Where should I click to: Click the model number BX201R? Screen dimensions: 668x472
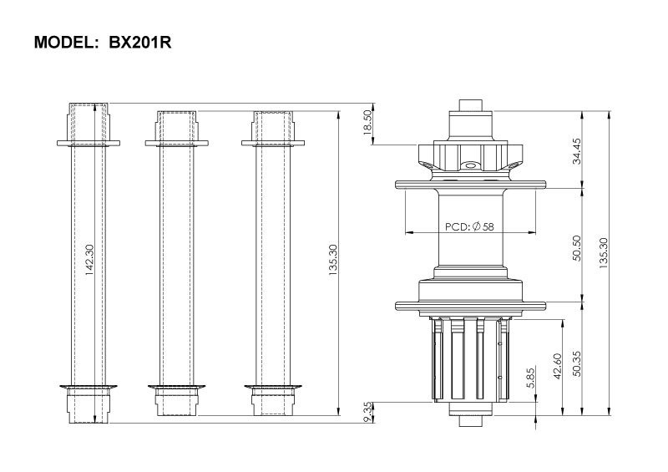(x=140, y=43)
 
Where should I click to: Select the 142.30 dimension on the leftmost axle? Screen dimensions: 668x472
(x=89, y=260)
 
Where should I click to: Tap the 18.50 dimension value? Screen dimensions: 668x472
(x=367, y=122)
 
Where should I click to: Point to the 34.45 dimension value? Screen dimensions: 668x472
(x=577, y=151)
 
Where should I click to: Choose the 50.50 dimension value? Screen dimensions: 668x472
(x=577, y=248)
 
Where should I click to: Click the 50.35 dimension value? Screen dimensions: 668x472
(x=577, y=363)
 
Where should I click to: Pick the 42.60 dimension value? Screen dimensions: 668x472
(x=558, y=366)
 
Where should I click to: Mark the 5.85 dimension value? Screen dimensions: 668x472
(x=530, y=378)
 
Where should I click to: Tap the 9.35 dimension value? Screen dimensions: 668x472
(x=367, y=413)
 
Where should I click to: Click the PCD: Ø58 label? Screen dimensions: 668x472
(x=469, y=226)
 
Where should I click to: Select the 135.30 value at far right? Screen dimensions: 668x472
(x=603, y=253)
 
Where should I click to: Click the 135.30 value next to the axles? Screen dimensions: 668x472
(x=332, y=260)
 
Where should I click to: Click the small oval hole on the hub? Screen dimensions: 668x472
(x=470, y=164)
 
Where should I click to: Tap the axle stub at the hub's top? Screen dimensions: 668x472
(x=470, y=105)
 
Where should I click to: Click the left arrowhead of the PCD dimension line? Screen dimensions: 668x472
(x=409, y=233)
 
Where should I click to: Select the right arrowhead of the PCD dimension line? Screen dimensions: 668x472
(x=531, y=233)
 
